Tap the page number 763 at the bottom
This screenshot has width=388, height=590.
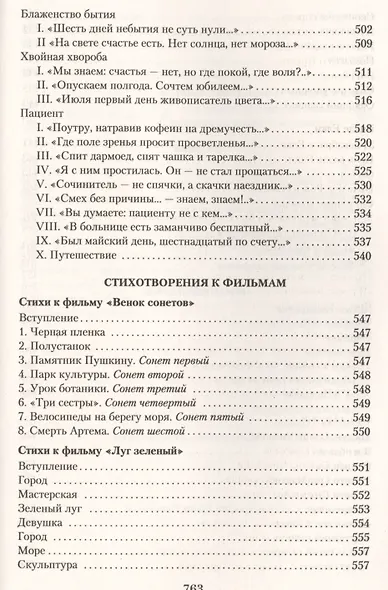coord(194,583)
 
